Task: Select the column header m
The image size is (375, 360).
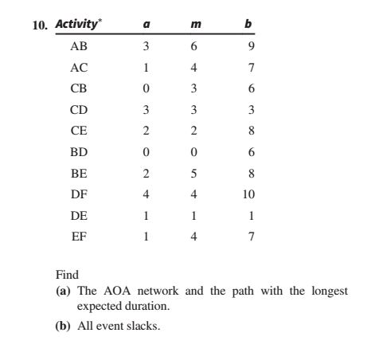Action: click(x=195, y=25)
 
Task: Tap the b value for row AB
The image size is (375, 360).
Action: click(x=248, y=46)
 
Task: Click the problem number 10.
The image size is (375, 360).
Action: click(x=39, y=25)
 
